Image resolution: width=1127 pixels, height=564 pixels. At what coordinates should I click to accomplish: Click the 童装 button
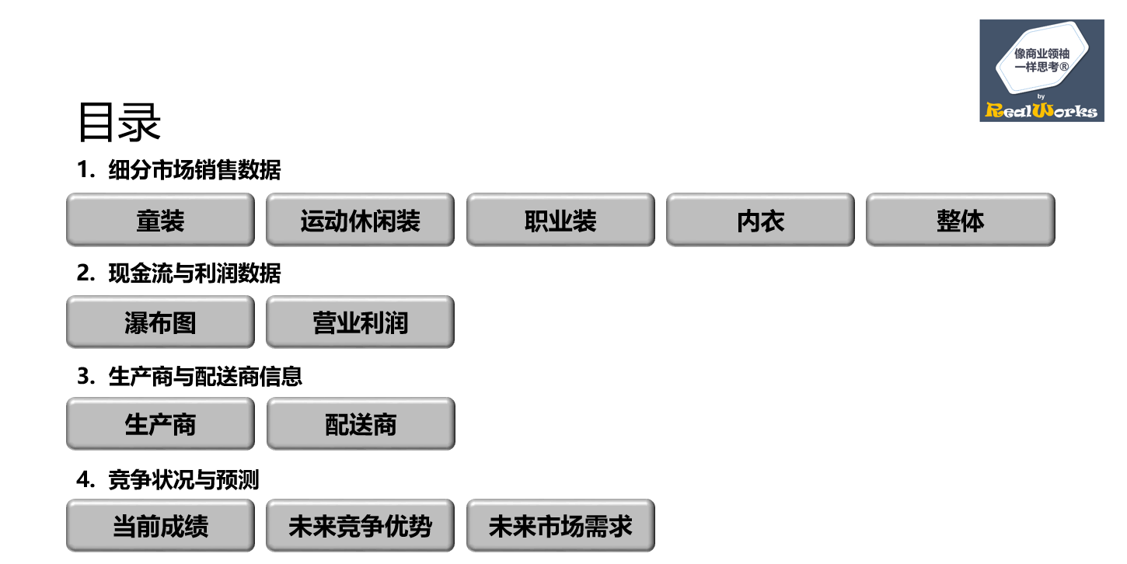pos(160,221)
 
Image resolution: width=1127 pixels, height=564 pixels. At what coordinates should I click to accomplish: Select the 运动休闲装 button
pos(360,221)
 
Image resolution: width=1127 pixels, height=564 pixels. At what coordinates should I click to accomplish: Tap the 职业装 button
pos(560,221)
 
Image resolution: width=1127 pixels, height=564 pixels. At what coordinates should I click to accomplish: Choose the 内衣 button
pos(760,221)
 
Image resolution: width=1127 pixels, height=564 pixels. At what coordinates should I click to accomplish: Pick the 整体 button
pos(961,221)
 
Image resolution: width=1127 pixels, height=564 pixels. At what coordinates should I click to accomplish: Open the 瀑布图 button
pos(160,322)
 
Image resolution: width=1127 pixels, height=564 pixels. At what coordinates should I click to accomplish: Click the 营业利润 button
pos(360,322)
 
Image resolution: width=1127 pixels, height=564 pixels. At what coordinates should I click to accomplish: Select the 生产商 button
pos(160,424)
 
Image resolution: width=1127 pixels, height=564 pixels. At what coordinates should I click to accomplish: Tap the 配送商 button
pos(361,424)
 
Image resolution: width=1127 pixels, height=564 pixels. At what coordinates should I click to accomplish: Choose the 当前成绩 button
pos(160,526)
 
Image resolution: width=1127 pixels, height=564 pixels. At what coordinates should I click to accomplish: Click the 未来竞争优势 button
pos(360,526)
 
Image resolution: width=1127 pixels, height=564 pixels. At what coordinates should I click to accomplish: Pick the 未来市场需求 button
pos(560,526)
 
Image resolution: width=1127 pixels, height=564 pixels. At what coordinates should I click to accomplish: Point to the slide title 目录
pos(119,123)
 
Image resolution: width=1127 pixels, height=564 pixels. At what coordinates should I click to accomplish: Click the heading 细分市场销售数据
pos(194,170)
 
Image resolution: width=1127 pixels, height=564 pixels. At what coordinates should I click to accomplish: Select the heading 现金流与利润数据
pos(194,273)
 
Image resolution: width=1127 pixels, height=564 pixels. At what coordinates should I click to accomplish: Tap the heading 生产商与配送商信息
pos(205,377)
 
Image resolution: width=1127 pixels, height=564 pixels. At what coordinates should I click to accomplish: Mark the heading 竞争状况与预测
pos(183,480)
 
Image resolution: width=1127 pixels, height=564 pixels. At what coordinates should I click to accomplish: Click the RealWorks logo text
pos(1042,110)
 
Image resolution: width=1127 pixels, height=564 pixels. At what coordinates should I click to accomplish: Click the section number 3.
pos(84,377)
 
